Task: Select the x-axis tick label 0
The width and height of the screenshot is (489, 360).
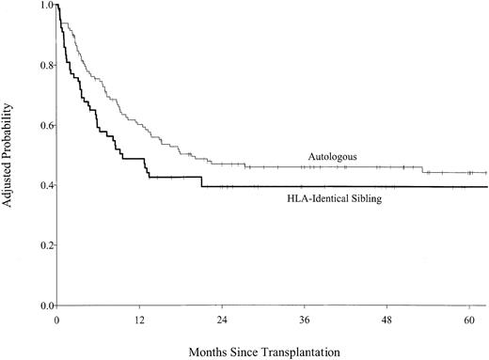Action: pos(57,320)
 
